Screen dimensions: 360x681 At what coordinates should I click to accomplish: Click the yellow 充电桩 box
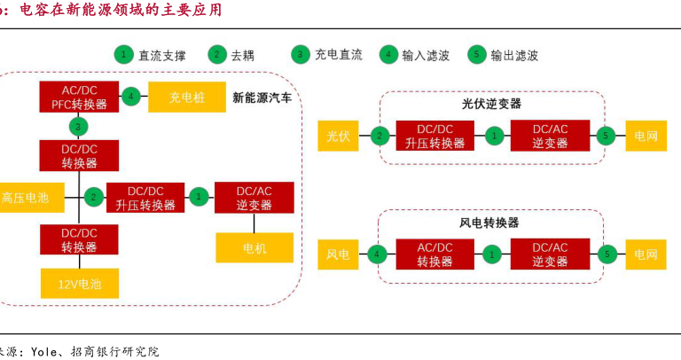pos(186,97)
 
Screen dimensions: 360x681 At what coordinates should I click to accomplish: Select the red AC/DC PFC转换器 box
pos(79,97)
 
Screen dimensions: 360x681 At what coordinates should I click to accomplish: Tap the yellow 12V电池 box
pos(80,284)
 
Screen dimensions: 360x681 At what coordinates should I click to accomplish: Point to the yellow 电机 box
pos(254,248)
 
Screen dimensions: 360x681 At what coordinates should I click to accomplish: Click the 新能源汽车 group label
pos(262,97)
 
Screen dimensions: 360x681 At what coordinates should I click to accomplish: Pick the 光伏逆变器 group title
pos(491,104)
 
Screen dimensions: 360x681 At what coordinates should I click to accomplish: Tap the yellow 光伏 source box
pos(339,136)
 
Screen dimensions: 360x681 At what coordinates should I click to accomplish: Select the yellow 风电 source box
pos(339,254)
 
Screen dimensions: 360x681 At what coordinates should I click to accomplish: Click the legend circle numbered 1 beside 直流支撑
pos(122,54)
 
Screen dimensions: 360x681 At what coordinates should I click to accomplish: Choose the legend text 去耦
pos(243,55)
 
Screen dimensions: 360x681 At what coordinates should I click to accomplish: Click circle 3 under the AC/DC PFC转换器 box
pos(80,126)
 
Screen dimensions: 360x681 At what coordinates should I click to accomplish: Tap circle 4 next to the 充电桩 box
pos(131,97)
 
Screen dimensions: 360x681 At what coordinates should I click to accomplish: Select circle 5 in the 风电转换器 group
pos(607,254)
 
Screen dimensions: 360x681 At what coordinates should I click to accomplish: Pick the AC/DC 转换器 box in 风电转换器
pos(434,254)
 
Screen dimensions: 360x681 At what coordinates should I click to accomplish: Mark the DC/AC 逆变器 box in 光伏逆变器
pos(550,136)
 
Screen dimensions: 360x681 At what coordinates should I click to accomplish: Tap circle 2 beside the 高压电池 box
pos(92,197)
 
